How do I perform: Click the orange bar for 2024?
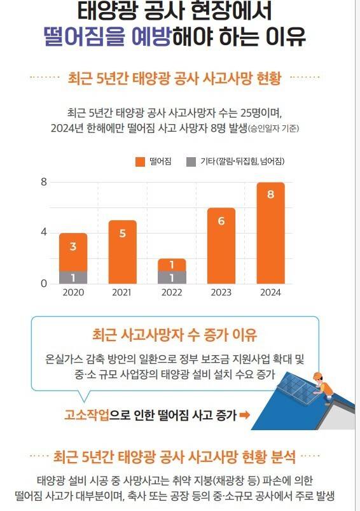270,232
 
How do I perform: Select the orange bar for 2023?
221,245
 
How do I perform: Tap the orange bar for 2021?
123,251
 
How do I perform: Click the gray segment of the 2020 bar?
73,277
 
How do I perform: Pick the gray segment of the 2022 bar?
172,277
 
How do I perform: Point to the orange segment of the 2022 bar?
172,265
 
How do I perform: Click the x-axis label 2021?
123,293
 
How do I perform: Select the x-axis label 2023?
221,293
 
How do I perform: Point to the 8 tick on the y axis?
44,182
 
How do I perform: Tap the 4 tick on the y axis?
44,233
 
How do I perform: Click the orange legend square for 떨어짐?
140,162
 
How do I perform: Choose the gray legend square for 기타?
191,162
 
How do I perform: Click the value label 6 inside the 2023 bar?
221,221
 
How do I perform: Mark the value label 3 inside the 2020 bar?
73,247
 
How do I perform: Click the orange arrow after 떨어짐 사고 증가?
244,416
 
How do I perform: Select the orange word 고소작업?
87,416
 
